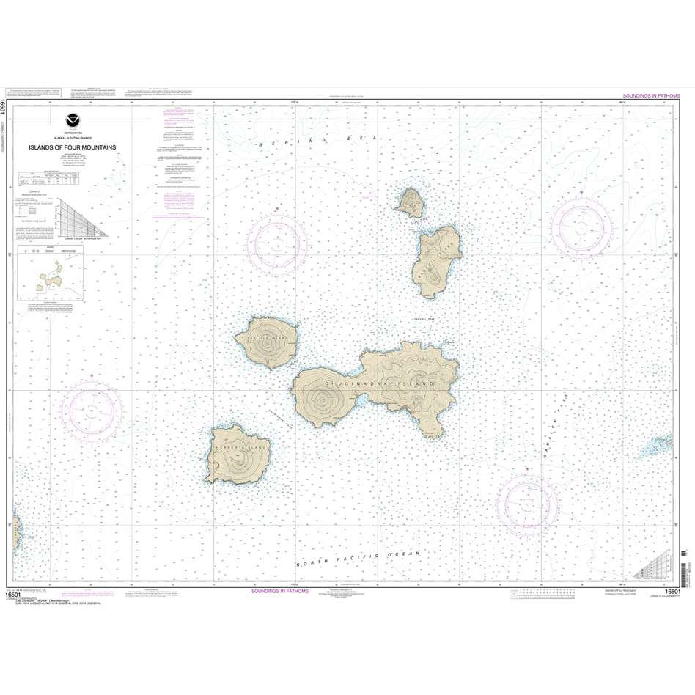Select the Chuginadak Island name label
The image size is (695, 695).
point(377,383)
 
